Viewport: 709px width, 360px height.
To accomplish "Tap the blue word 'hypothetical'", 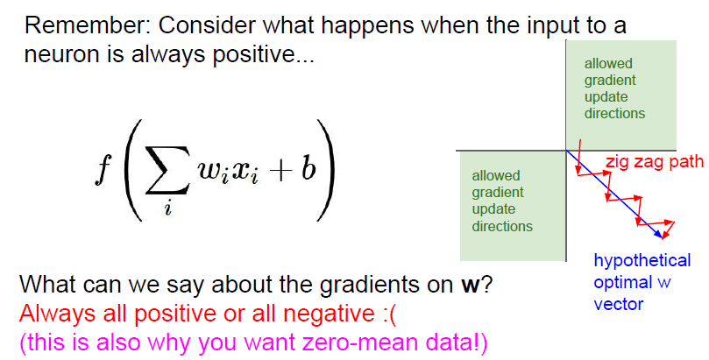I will tap(642, 260).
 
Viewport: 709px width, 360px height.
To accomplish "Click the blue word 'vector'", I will tap(619, 304).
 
